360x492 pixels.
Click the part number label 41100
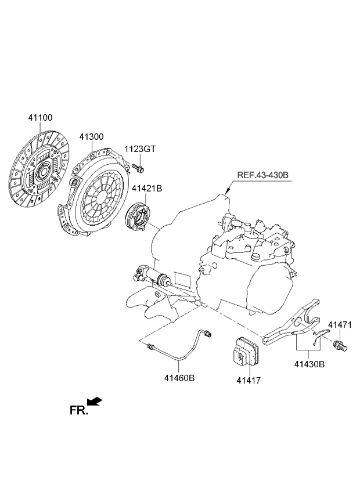pos(40,118)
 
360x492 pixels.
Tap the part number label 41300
pos(91,137)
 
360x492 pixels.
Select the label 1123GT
pos(140,149)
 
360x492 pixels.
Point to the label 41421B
pos(147,189)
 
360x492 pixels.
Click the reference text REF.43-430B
pos(262,175)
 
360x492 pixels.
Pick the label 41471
pos(340,324)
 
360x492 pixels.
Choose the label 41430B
pos(309,364)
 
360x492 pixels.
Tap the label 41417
pos(249,381)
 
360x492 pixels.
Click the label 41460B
pos(179,378)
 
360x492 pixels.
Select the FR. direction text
pos(78,410)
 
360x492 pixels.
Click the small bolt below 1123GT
pos(138,168)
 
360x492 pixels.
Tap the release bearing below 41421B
pos(138,216)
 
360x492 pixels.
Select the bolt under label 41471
pos(340,346)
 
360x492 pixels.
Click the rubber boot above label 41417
pos(246,350)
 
